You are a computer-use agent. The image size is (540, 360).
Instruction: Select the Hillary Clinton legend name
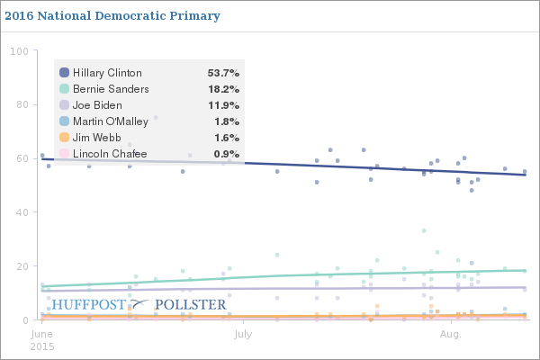click(107, 73)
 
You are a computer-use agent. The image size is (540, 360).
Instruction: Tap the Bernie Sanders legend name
click(111, 89)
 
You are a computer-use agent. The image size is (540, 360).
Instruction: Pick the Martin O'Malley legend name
click(111, 121)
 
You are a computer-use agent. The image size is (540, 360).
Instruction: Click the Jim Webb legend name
click(97, 138)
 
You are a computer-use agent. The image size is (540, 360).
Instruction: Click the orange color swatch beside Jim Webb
click(64, 138)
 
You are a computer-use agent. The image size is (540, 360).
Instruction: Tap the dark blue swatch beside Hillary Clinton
click(64, 73)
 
